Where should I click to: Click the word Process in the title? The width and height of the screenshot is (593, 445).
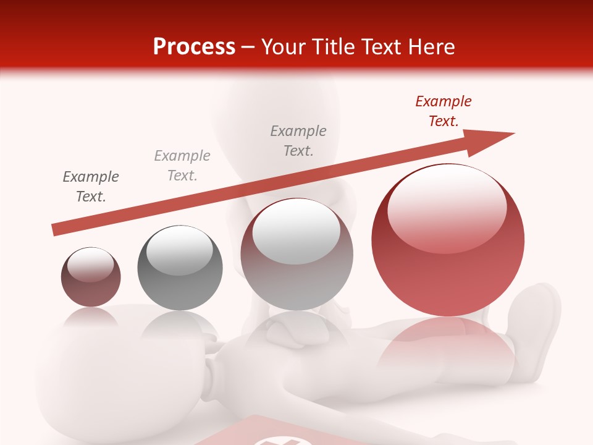pos(194,47)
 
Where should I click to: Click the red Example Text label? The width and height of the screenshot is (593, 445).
pos(443,111)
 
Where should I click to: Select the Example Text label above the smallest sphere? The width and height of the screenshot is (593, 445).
pos(91,186)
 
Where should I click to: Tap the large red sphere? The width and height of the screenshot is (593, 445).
pos(447,260)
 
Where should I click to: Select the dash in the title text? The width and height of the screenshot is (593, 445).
pos(248,48)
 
